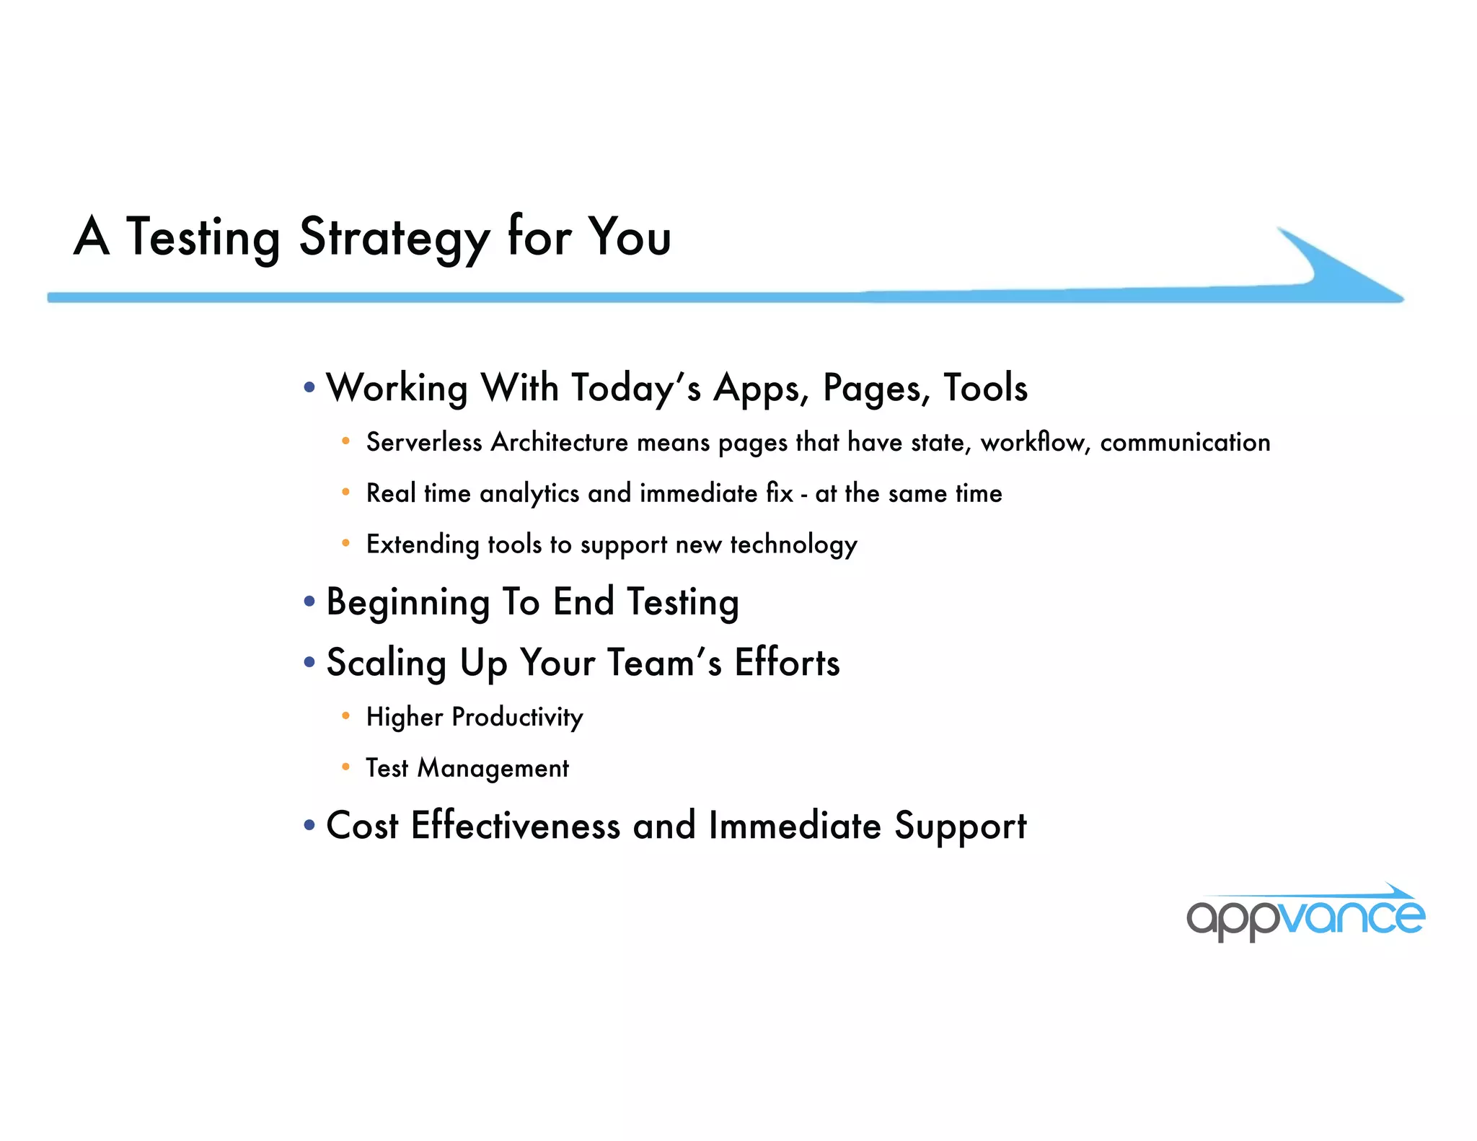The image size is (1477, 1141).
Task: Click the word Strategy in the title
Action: point(394,238)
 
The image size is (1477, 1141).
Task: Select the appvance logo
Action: point(1305,915)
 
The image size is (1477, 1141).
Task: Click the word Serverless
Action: point(423,442)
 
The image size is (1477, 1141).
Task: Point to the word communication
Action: point(1185,442)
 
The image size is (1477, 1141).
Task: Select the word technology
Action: point(793,545)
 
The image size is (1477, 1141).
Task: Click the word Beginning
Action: point(408,602)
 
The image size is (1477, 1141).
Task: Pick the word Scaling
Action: point(386,663)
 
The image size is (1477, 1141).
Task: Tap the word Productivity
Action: point(517,717)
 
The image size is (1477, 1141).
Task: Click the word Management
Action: point(493,768)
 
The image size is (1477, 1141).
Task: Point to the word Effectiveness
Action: point(515,825)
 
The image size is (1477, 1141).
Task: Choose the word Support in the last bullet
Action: point(960,827)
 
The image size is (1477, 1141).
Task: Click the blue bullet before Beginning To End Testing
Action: point(309,601)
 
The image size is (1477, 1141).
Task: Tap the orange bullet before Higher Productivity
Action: point(346,716)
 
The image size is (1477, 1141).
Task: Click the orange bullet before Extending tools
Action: point(346,543)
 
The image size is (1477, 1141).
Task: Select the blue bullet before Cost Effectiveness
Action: point(309,824)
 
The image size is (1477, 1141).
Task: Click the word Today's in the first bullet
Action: point(635,388)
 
